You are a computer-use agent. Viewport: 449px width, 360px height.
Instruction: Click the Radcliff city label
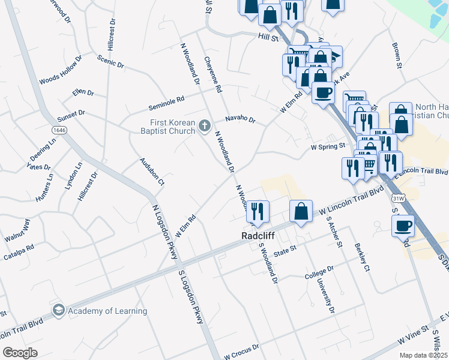click(258, 236)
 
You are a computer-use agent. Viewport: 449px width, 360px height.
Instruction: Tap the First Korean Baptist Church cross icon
click(204, 125)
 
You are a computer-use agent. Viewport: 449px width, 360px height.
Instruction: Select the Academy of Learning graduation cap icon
click(59, 310)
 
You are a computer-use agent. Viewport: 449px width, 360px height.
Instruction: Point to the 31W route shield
click(397, 198)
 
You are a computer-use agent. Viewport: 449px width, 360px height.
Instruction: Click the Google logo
click(20, 353)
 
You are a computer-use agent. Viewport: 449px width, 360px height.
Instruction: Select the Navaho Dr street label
click(241, 119)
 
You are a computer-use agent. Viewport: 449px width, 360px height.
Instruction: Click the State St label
click(285, 248)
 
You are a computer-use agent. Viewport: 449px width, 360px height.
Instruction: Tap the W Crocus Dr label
click(242, 350)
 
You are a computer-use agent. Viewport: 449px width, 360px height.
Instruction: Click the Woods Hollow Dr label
click(60, 71)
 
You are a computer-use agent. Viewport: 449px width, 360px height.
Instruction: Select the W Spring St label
click(328, 146)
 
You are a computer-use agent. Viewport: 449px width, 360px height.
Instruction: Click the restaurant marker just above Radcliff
click(258, 212)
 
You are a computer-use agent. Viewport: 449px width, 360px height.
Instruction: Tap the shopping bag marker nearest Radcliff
click(301, 212)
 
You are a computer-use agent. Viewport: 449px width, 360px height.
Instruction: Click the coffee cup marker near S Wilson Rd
click(403, 226)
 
